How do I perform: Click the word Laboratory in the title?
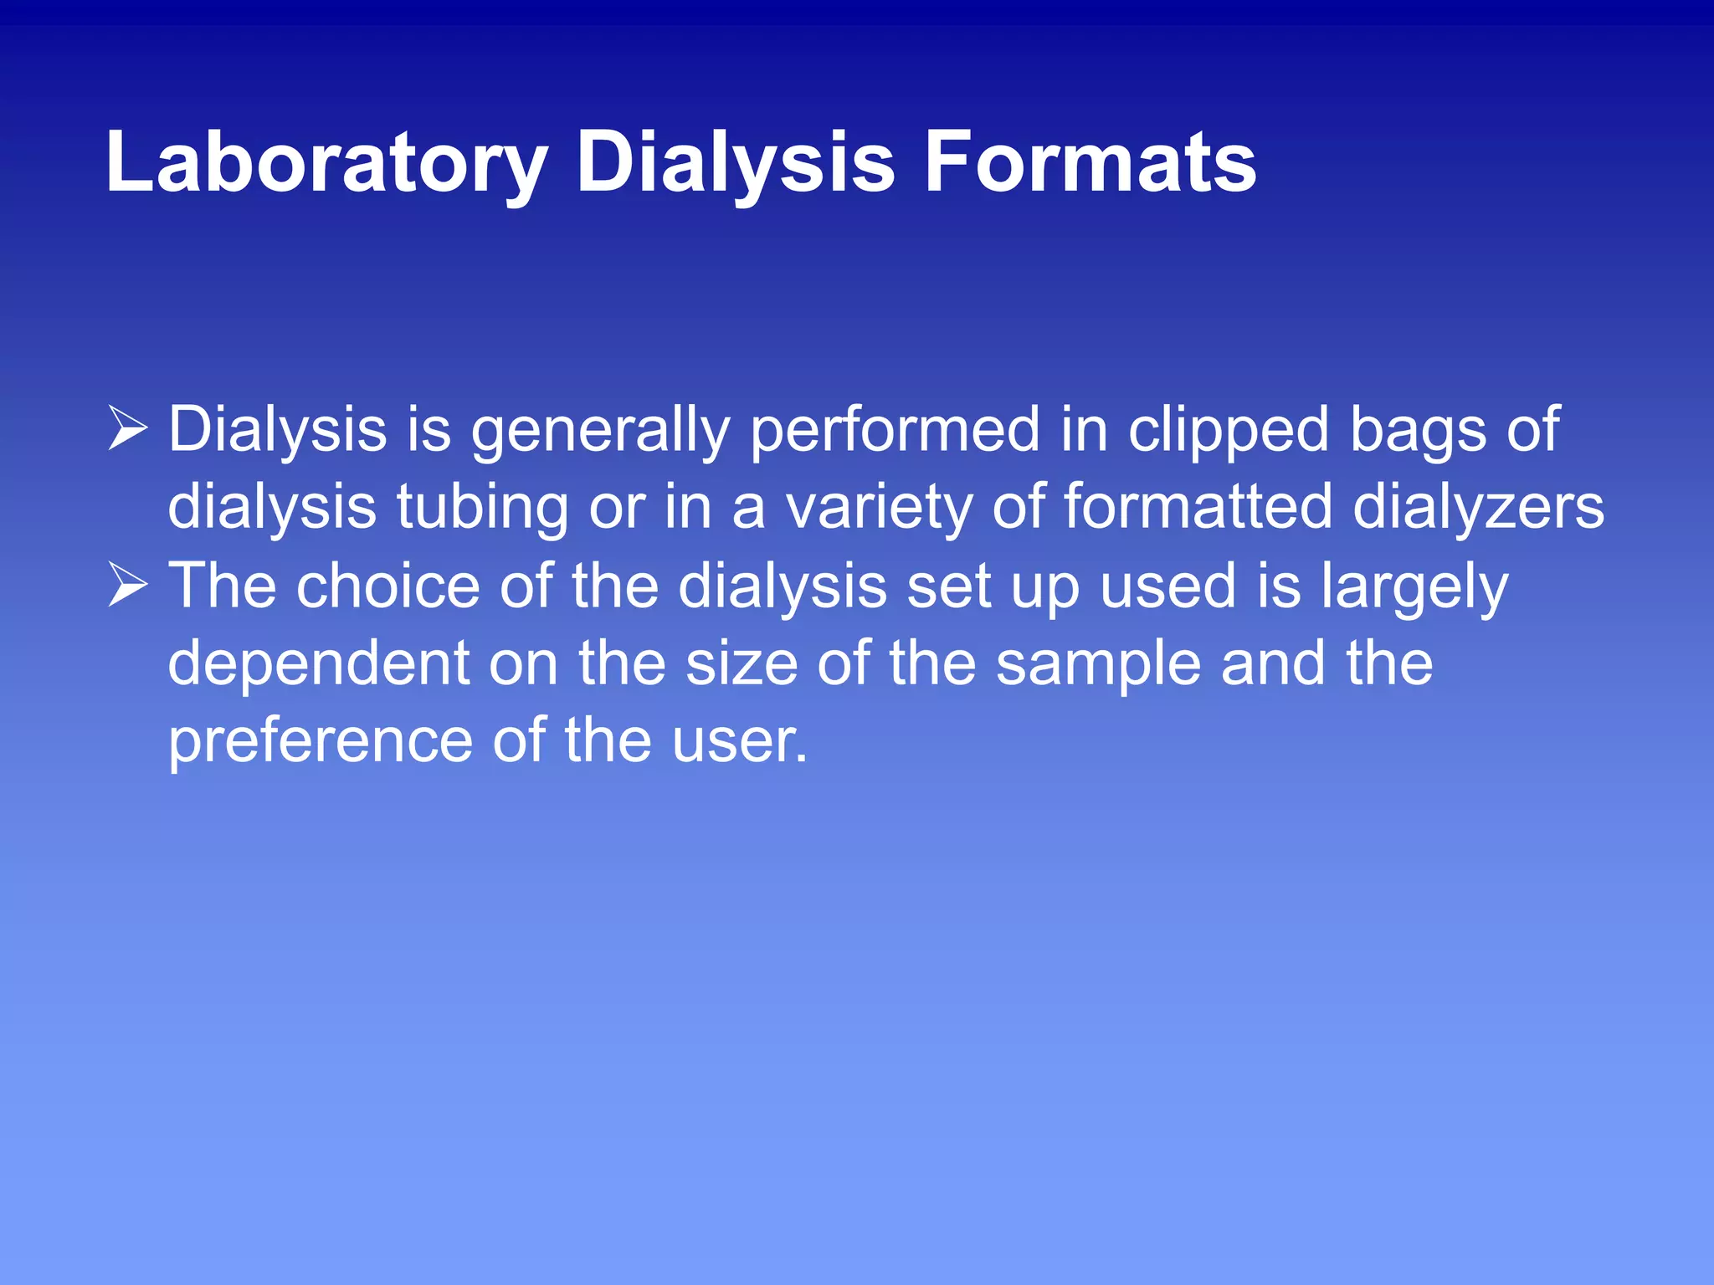tap(326, 163)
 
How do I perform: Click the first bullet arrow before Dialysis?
tap(127, 430)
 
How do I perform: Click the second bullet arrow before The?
tap(127, 586)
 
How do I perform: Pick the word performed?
tap(894, 430)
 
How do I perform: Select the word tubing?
tap(481, 507)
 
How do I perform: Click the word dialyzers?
tap(1478, 507)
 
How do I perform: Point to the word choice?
tap(387, 586)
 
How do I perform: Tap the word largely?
tap(1414, 586)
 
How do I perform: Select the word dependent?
tap(319, 663)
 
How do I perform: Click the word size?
tap(742, 663)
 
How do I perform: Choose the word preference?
tap(321, 740)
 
